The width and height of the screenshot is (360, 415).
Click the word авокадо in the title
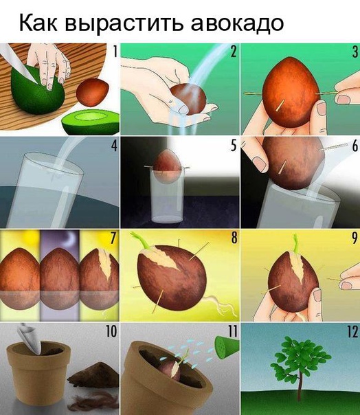pos(238,23)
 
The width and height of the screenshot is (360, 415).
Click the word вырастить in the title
pos(124,23)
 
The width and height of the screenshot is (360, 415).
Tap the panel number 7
pos(113,238)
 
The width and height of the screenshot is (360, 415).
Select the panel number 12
pos(352,331)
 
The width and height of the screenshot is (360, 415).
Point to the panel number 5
pos(233,145)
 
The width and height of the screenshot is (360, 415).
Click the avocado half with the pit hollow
pos(90,122)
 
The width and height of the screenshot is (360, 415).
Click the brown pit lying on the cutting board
pos(92,92)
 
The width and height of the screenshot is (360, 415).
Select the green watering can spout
pos(227,347)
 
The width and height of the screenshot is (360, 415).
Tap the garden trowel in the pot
pos(30,338)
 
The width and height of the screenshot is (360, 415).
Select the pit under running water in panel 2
pos(188,99)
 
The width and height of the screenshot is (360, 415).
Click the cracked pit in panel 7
pos(99,280)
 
